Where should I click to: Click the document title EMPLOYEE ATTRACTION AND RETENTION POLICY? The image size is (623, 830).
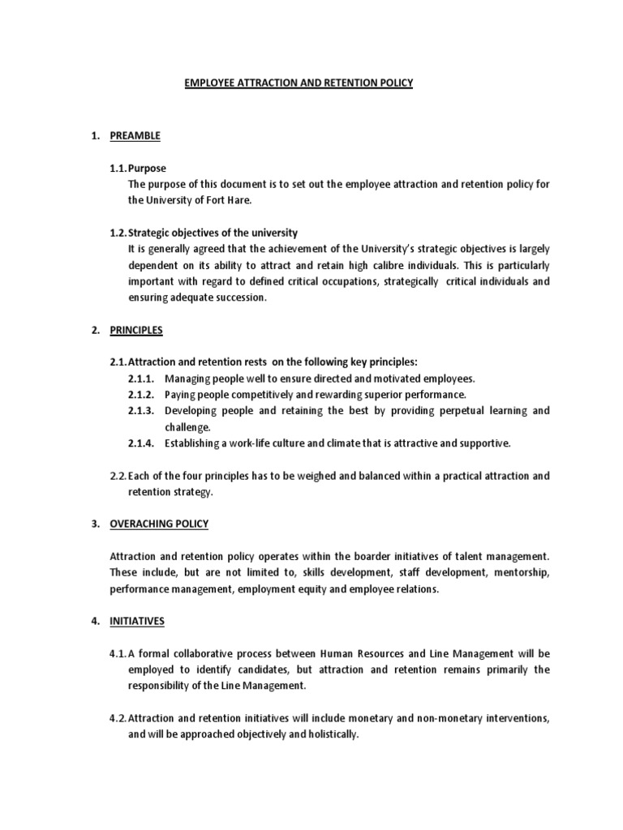[x=299, y=83]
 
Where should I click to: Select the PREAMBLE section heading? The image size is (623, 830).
[x=135, y=135]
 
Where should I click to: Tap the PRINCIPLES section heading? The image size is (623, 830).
[x=136, y=330]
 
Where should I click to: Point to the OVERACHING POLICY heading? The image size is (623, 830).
[x=159, y=524]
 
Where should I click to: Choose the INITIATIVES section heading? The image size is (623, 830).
[x=137, y=621]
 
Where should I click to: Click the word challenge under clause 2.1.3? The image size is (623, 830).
[x=187, y=427]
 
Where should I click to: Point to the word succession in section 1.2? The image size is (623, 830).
[x=241, y=297]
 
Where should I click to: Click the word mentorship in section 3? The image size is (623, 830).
[x=524, y=573]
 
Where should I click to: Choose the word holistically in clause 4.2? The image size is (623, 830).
[x=329, y=734]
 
